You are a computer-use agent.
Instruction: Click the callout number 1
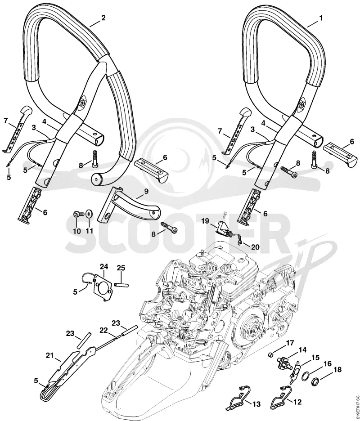[x=320, y=18]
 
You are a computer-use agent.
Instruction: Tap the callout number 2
[x=103, y=18]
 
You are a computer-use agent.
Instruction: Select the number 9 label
[x=146, y=192]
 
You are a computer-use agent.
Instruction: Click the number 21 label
[x=49, y=356]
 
